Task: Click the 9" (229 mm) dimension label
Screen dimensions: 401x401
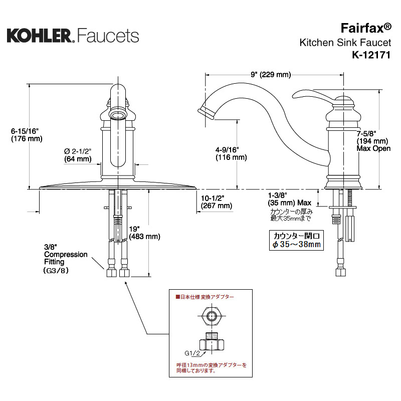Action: pos(270,75)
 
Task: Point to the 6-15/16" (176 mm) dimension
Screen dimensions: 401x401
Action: pos(27,135)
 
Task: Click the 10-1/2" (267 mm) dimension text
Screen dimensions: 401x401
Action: pos(216,202)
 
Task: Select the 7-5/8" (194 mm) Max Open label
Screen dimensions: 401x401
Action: pos(373,141)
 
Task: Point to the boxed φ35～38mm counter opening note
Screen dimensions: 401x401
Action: pos(296,240)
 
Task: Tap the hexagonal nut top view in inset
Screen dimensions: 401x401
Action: pos(211,316)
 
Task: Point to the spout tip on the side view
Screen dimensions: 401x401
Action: pos(206,111)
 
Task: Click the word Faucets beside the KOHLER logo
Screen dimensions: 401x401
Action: pos(108,35)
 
